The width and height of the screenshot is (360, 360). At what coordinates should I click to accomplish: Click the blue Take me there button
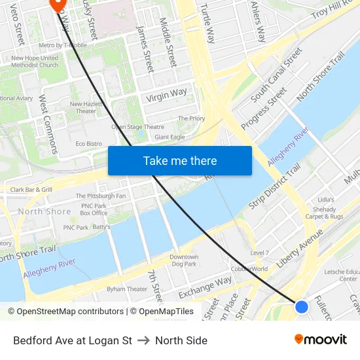click(x=180, y=160)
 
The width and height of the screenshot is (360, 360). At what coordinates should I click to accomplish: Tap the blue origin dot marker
click(x=302, y=306)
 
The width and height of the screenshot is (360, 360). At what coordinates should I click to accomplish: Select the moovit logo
click(x=320, y=339)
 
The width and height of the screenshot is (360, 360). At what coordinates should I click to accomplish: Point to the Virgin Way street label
click(x=166, y=96)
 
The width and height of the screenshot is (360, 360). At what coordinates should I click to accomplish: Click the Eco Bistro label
click(x=89, y=143)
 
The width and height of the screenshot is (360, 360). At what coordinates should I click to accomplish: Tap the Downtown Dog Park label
click(x=183, y=261)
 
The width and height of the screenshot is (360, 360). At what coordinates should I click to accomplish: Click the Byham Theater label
click(x=127, y=289)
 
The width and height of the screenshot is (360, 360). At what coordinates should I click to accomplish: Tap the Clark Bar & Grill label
click(x=31, y=190)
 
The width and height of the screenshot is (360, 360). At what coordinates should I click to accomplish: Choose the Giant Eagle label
click(x=170, y=137)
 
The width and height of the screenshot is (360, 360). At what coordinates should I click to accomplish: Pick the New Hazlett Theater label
click(x=84, y=107)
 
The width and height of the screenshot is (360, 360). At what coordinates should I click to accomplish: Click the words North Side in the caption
click(x=181, y=340)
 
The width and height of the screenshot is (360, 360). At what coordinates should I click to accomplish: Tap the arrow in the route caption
click(x=143, y=340)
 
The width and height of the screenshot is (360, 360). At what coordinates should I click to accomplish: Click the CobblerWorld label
click(x=249, y=269)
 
